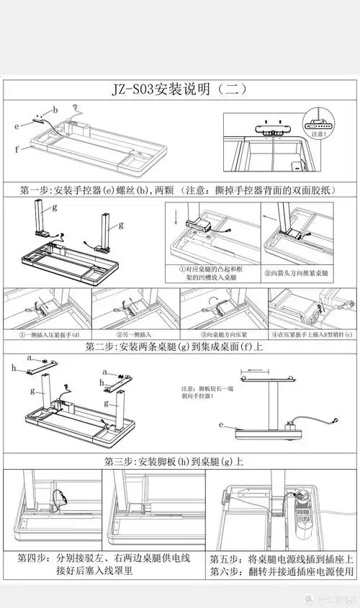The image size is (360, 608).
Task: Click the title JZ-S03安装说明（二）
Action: pyautogui.click(x=180, y=89)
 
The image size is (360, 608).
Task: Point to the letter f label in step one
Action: pyautogui.click(x=17, y=149)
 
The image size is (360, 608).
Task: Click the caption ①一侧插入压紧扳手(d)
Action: pyautogui.click(x=48, y=334)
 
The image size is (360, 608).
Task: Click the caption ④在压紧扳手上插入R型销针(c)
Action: pyautogui.click(x=311, y=334)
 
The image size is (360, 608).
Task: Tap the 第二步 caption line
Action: pyautogui.click(x=180, y=347)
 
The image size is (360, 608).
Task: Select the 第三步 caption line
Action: pyautogui.click(x=180, y=461)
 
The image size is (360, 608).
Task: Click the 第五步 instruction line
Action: pyautogui.click(x=281, y=558)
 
